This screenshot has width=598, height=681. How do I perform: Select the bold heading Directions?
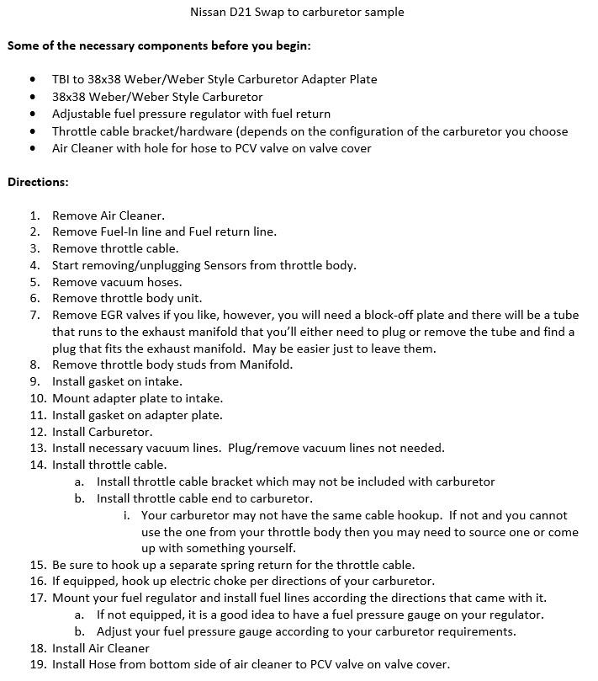[x=39, y=181]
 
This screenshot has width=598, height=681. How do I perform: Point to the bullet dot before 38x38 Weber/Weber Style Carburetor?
[x=32, y=97]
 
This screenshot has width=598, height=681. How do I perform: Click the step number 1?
[x=34, y=215]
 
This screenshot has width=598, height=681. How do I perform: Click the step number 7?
[x=34, y=316]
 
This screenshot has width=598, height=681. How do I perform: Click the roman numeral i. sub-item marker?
[x=126, y=515]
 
